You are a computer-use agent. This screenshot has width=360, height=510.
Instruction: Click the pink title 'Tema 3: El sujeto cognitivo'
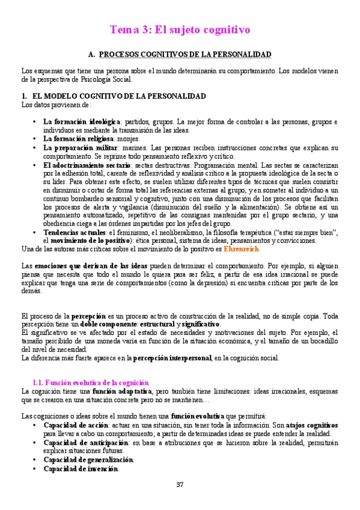pos(180,29)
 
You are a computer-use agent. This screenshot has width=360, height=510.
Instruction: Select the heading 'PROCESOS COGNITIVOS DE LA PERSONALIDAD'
pos(185,54)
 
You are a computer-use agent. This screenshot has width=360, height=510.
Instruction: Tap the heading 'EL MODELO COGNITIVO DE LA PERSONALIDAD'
pos(118,96)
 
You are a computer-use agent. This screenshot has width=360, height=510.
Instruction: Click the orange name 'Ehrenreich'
pos(242,248)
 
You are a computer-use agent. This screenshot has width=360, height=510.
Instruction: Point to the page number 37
pos(180,485)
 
